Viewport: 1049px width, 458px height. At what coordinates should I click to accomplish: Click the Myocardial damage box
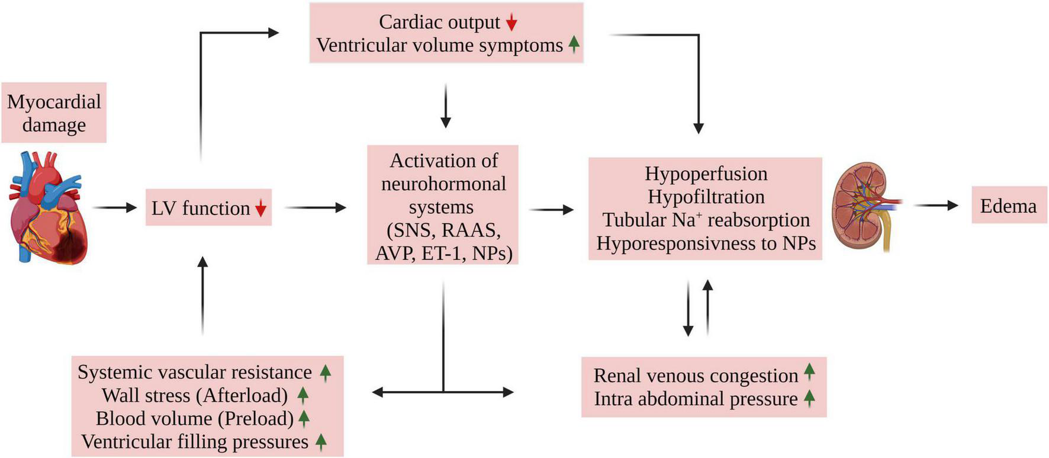point(54,113)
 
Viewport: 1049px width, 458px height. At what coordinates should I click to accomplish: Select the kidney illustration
point(864,207)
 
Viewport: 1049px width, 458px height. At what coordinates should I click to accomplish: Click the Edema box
point(1009,206)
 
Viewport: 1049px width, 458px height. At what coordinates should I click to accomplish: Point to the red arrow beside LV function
point(260,208)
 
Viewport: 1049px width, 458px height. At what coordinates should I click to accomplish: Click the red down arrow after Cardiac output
point(511,23)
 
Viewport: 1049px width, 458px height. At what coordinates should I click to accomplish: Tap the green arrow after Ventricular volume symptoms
point(574,44)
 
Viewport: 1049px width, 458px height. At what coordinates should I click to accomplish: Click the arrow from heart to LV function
point(115,207)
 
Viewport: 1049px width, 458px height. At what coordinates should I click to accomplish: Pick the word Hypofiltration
point(706,197)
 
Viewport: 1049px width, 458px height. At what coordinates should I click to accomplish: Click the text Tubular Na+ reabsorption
point(706,220)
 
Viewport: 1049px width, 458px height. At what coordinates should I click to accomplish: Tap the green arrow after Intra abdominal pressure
point(809,398)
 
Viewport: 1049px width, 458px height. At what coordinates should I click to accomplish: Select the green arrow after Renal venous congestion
point(809,373)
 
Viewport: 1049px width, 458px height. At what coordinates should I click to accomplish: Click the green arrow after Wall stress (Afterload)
point(303,395)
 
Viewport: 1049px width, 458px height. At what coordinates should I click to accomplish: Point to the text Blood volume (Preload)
point(195,418)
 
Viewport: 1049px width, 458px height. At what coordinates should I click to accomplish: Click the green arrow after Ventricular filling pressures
point(321,441)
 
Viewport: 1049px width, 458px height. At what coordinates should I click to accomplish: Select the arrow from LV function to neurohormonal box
point(315,207)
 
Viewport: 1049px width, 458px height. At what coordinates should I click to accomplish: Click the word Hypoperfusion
point(706,174)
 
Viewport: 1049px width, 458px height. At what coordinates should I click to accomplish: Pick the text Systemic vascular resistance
point(195,372)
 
